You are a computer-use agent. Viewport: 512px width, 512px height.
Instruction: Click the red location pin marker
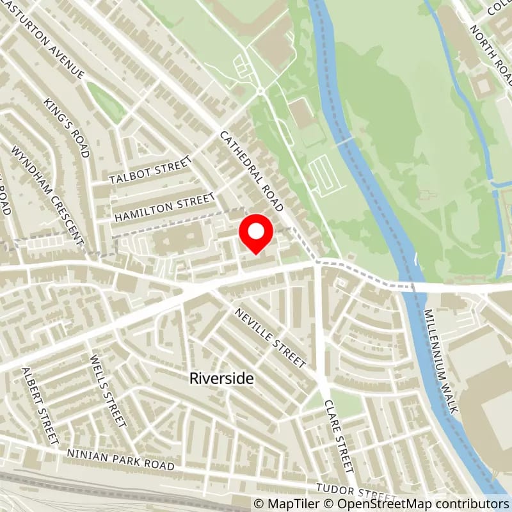click(256, 234)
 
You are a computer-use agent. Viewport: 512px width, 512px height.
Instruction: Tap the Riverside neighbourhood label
click(221, 378)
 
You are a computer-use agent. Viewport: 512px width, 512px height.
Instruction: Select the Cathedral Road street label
click(252, 172)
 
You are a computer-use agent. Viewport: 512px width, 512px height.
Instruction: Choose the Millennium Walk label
click(441, 361)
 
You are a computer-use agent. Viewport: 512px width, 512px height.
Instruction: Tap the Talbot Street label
click(150, 171)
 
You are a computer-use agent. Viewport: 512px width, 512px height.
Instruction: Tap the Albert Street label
click(40, 406)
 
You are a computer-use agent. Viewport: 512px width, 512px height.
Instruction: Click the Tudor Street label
click(362, 492)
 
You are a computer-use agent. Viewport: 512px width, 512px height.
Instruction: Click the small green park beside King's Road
click(106, 102)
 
